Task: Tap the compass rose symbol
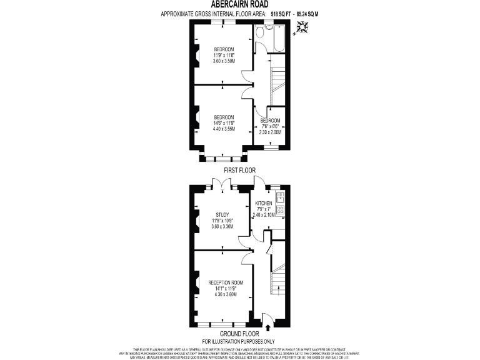[304, 27]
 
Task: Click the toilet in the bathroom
[267, 28]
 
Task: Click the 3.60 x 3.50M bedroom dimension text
[224, 61]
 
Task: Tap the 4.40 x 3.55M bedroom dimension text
[224, 129]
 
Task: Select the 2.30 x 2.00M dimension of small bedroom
[270, 132]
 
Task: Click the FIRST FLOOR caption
[239, 170]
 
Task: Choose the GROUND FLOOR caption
[239, 334]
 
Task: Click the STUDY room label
[224, 214]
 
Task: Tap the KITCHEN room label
[264, 204]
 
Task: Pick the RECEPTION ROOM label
[226, 282]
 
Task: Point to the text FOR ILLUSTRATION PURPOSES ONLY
[239, 341]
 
